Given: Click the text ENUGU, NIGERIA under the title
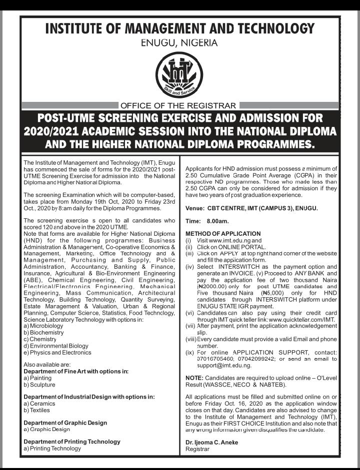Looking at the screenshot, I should tap(180, 42).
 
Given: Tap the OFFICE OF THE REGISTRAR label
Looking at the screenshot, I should tap(178, 105).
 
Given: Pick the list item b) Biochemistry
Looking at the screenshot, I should tap(43, 333).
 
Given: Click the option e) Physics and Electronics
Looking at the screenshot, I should tap(57, 353).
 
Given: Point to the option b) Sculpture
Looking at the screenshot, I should tap(39, 385).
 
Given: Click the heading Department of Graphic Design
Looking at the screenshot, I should tap(65, 423).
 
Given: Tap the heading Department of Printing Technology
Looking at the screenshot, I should tap(72, 442).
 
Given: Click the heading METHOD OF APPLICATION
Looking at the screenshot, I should tap(223, 234).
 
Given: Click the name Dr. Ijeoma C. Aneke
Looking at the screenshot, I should tap(212, 443).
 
